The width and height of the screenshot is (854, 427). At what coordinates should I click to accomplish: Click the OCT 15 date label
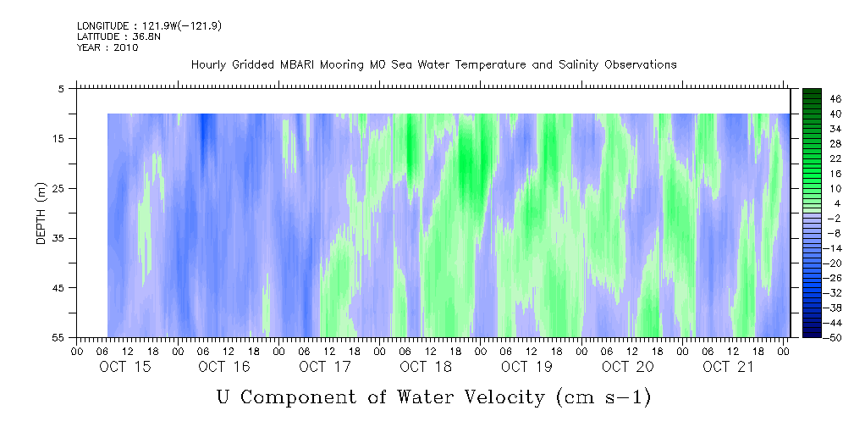tap(124, 367)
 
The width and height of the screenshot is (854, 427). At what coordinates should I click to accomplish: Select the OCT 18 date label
tap(427, 367)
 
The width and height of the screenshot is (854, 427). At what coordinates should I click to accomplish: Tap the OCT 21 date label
tap(728, 367)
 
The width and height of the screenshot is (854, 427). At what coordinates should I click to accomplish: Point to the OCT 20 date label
tap(627, 367)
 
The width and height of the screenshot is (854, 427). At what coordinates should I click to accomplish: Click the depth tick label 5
tap(61, 89)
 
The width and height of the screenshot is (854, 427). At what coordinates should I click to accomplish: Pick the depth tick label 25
tap(58, 189)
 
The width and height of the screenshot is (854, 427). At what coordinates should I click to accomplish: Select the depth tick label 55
tap(58, 337)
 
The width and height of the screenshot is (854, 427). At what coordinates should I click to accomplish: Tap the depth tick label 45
tap(58, 288)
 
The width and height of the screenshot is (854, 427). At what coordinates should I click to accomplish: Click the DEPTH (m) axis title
tap(41, 213)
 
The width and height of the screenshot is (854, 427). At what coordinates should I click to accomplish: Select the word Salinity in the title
tap(577, 65)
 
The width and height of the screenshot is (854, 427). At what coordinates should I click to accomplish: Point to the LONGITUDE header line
tap(149, 26)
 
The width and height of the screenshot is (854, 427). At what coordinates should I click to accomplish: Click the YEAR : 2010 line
tap(107, 47)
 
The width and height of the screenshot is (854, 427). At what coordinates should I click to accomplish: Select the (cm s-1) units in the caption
tap(603, 397)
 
